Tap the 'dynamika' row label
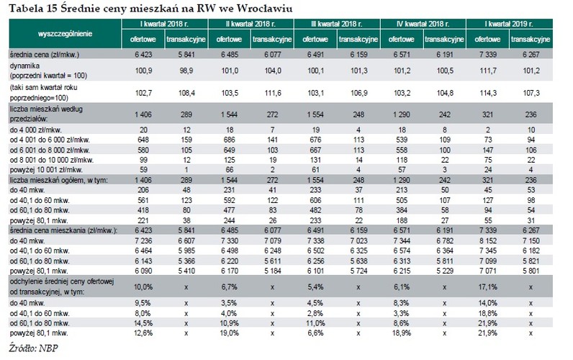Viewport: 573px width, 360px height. click(x=25, y=66)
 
